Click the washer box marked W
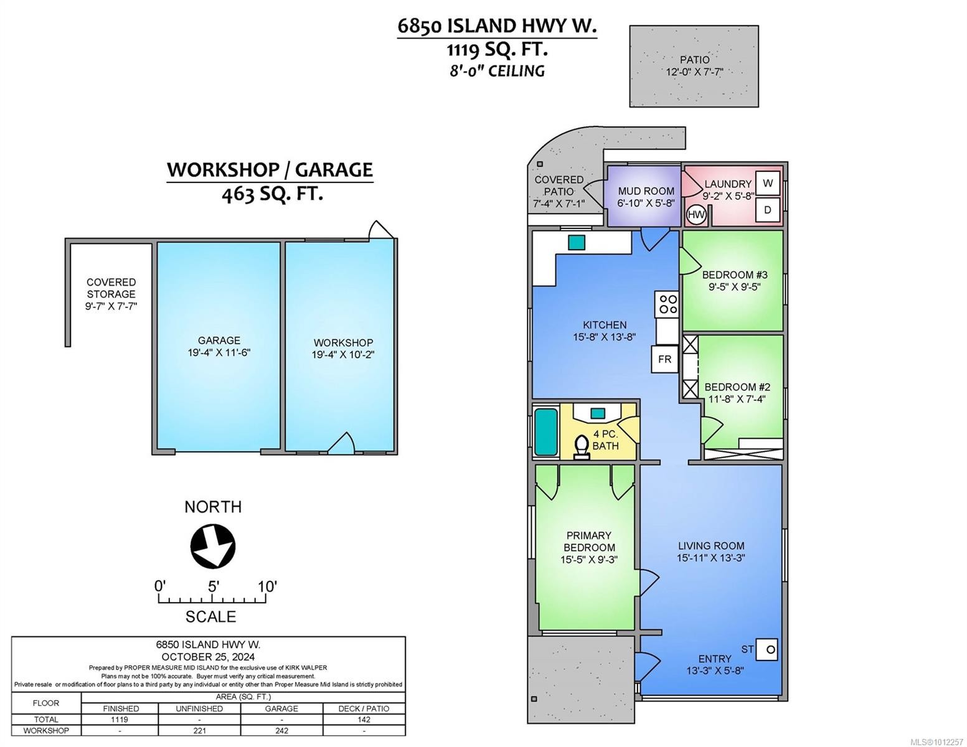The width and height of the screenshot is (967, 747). [x=768, y=183]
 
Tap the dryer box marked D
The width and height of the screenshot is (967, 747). [x=768, y=210]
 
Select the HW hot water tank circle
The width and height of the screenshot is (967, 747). [x=696, y=215]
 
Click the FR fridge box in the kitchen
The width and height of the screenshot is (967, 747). [x=664, y=359]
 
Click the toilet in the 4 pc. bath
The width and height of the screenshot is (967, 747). [x=582, y=446]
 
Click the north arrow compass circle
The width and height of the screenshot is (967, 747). [x=212, y=547]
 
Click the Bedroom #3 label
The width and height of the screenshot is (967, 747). [x=734, y=275]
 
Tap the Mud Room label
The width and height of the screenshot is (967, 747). [x=646, y=191]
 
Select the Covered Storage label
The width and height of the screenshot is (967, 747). [x=111, y=288]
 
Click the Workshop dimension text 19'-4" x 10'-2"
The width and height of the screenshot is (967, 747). [x=343, y=355]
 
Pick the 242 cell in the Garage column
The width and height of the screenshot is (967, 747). [x=281, y=730]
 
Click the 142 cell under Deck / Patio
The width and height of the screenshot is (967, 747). [x=364, y=719]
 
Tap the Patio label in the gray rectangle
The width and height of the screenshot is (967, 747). [x=694, y=60]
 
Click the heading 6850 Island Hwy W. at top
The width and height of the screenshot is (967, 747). [x=497, y=26]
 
